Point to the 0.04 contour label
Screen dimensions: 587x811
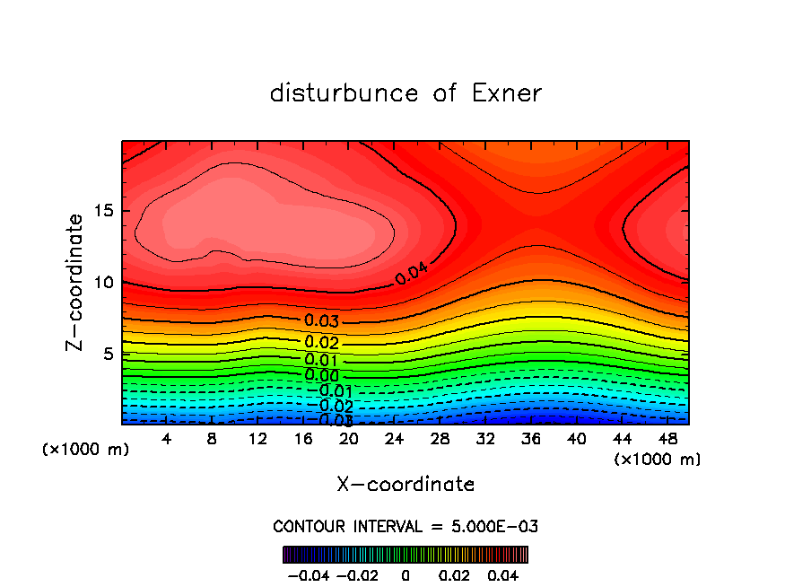click(x=411, y=273)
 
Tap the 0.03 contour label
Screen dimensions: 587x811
click(x=321, y=321)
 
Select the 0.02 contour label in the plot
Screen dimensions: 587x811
click(x=321, y=342)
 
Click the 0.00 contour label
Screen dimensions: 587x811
click(x=321, y=375)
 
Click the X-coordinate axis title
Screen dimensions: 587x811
click(x=405, y=485)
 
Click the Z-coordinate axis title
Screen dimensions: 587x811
click(x=75, y=282)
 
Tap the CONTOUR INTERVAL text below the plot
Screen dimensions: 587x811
click(x=405, y=526)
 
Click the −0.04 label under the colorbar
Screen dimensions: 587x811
click(x=309, y=574)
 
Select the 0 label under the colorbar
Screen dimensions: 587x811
click(x=405, y=574)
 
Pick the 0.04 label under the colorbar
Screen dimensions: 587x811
click(x=504, y=574)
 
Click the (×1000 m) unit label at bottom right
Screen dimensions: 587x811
click(x=658, y=460)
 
